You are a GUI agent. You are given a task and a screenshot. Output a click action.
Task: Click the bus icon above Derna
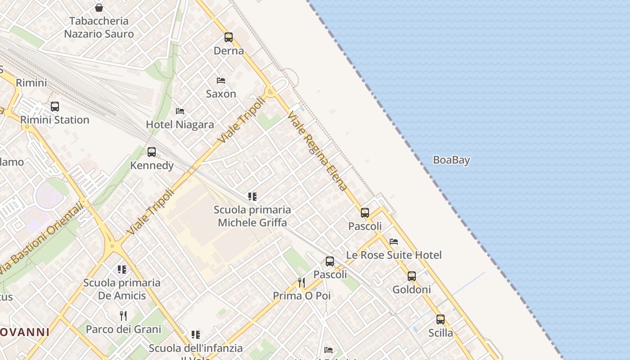[229, 37]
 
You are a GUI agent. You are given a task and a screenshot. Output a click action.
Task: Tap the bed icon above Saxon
[221, 81]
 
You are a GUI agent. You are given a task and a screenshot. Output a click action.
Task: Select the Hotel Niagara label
[180, 125]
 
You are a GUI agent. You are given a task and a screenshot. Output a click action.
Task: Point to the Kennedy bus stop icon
[152, 152]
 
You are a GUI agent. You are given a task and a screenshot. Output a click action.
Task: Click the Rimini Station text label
[55, 120]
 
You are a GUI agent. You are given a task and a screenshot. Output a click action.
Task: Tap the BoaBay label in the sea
[451, 160]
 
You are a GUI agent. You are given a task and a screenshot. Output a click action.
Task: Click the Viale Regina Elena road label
[318, 151]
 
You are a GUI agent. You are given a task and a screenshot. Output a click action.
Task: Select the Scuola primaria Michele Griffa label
[252, 216]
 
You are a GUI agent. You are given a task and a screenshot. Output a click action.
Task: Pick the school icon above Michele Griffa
[252, 196]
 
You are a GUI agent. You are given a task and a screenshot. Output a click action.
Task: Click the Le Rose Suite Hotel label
[394, 255]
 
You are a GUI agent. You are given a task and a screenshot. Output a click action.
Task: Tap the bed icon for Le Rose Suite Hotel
[394, 242]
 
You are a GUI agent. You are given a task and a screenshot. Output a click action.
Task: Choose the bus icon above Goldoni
[412, 276]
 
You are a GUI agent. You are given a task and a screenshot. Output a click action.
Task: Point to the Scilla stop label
[441, 333]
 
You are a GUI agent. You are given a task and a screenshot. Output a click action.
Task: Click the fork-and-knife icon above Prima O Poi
[301, 282]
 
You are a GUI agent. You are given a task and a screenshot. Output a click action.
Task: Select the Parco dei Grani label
[123, 329]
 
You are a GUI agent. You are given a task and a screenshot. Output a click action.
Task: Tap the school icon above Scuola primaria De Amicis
[122, 269]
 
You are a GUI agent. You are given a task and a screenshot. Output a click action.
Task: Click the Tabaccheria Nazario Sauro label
[99, 27]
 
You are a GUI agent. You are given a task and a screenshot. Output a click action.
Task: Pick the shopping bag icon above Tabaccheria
[99, 8]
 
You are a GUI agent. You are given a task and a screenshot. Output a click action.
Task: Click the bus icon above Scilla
[441, 319]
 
